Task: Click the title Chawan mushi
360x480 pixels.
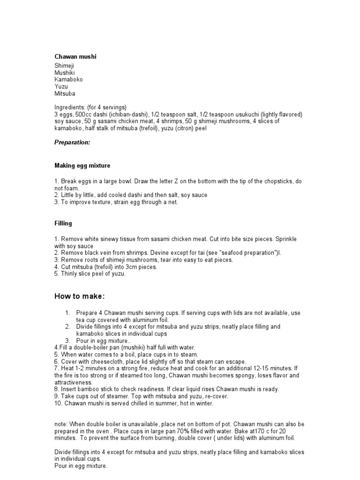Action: click(75, 57)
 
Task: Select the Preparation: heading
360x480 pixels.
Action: click(72, 142)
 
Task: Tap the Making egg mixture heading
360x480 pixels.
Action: click(82, 165)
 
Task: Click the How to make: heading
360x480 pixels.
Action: click(80, 297)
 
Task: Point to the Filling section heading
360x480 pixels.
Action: click(63, 224)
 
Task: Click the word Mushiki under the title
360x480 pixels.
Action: click(65, 73)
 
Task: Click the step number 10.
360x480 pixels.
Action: click(58, 403)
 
